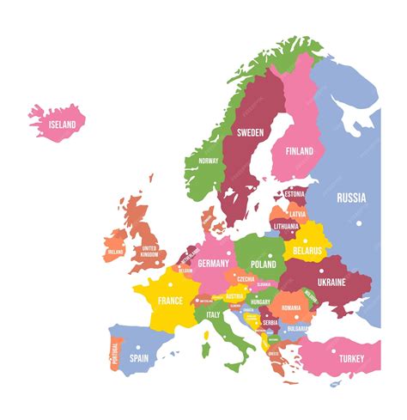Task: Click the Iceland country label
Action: tap(63, 125)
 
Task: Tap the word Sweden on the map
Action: tap(250, 132)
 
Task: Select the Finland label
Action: tap(300, 150)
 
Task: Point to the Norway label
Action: tap(209, 161)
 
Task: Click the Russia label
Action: tap(350, 197)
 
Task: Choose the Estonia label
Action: tap(295, 194)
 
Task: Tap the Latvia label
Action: tap(297, 214)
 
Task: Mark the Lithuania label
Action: tap(286, 227)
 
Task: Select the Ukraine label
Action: tap(331, 282)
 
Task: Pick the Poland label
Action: tap(263, 265)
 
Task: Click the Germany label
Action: tap(213, 264)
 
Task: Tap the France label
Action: tap(170, 301)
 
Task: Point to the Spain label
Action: tap(138, 357)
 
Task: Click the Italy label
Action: tap(213, 314)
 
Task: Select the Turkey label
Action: tap(351, 358)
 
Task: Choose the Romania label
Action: tap(292, 307)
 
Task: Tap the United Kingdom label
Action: tap(149, 251)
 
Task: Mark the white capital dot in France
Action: tap(171, 284)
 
